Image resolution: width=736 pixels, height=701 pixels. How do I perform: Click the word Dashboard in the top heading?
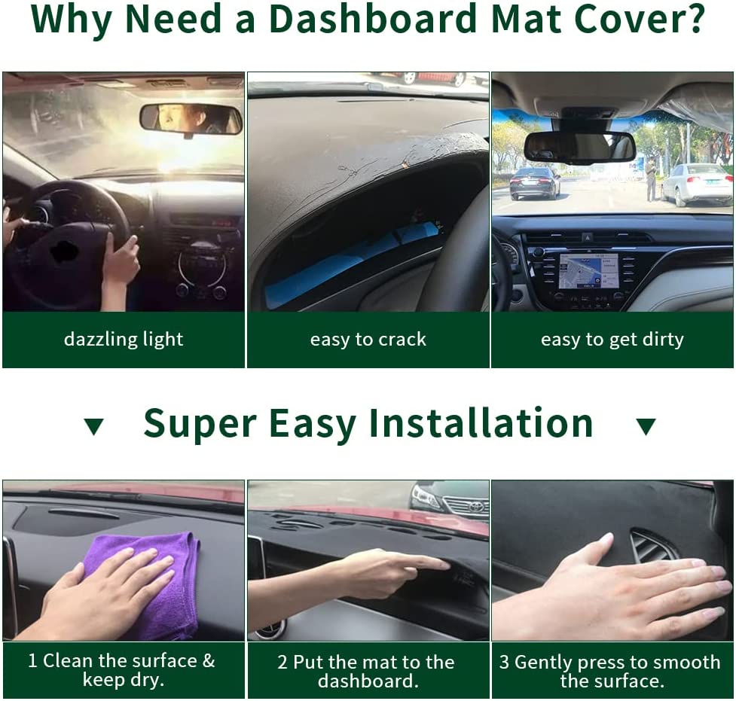point(373,20)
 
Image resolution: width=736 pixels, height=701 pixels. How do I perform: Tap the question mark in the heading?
point(692,20)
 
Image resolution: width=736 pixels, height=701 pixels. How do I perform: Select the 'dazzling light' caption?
point(124,340)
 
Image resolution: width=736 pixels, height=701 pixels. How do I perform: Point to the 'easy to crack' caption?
point(368,340)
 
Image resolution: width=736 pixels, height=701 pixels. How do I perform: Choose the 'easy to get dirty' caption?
point(612,340)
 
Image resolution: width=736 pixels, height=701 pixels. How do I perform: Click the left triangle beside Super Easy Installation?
point(93,426)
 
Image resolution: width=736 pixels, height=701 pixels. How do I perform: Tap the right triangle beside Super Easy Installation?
point(646,426)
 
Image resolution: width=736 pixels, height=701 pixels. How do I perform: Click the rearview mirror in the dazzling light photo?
point(191,119)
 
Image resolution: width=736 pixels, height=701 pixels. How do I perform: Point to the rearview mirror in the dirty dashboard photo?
point(579,147)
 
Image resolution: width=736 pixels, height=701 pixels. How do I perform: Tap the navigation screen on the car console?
point(588,270)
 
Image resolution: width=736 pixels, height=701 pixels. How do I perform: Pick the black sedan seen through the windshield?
point(535,183)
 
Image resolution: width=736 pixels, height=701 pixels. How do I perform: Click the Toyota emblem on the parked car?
point(476,507)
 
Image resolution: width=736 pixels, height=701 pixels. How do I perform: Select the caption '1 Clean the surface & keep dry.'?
point(121,670)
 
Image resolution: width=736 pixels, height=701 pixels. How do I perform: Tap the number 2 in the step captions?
point(282,663)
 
